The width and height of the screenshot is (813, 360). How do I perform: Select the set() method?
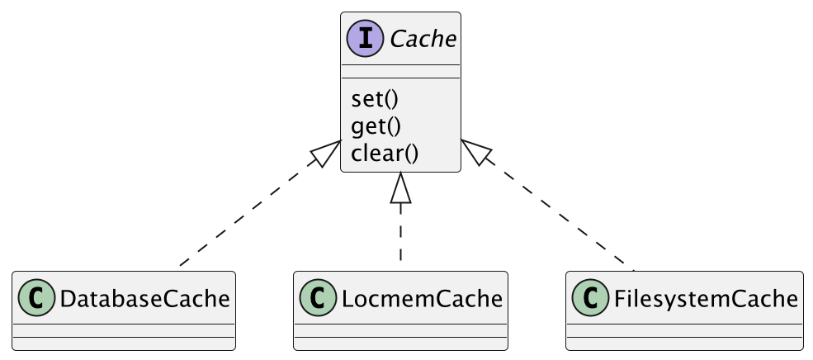374,99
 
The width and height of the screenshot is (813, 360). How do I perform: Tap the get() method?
376,126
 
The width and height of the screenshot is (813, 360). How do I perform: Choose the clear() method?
385,153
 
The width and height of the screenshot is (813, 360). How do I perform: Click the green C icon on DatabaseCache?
35,298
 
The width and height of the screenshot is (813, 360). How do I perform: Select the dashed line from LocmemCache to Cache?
401,235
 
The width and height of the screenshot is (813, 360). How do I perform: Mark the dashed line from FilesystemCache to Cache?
561,216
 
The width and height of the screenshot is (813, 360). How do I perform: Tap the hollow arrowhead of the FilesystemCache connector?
475,152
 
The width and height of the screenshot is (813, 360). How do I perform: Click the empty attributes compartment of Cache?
401,71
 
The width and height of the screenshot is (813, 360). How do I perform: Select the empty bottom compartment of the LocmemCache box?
401,343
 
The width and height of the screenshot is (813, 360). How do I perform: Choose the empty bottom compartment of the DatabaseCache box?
124,343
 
